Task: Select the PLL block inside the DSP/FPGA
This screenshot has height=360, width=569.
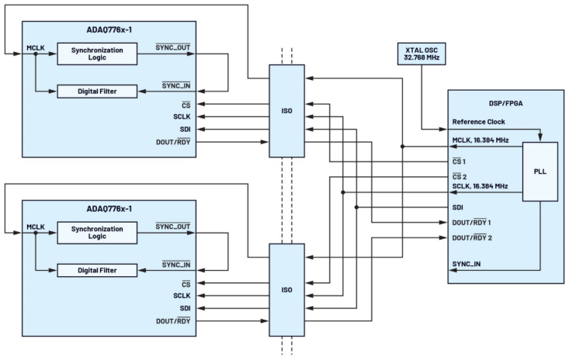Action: point(540,171)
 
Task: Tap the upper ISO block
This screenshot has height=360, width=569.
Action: point(286,109)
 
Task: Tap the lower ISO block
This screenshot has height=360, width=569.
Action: point(286,289)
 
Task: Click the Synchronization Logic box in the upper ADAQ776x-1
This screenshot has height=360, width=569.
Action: point(97,54)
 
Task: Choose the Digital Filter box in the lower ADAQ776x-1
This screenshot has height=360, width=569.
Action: point(97,270)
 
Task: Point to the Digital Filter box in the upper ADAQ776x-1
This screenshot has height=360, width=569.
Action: point(97,91)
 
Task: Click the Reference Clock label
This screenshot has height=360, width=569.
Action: point(478,122)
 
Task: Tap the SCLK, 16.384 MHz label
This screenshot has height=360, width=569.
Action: point(480,186)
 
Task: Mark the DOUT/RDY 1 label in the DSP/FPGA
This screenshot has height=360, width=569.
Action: point(472,223)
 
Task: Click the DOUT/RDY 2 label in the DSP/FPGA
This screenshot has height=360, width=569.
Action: point(472,237)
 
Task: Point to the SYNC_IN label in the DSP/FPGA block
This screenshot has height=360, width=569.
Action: point(466,265)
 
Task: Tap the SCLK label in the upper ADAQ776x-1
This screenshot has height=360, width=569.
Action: point(182,116)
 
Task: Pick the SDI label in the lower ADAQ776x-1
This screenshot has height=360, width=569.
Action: point(185,308)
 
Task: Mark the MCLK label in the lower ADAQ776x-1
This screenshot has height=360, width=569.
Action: point(36,227)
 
